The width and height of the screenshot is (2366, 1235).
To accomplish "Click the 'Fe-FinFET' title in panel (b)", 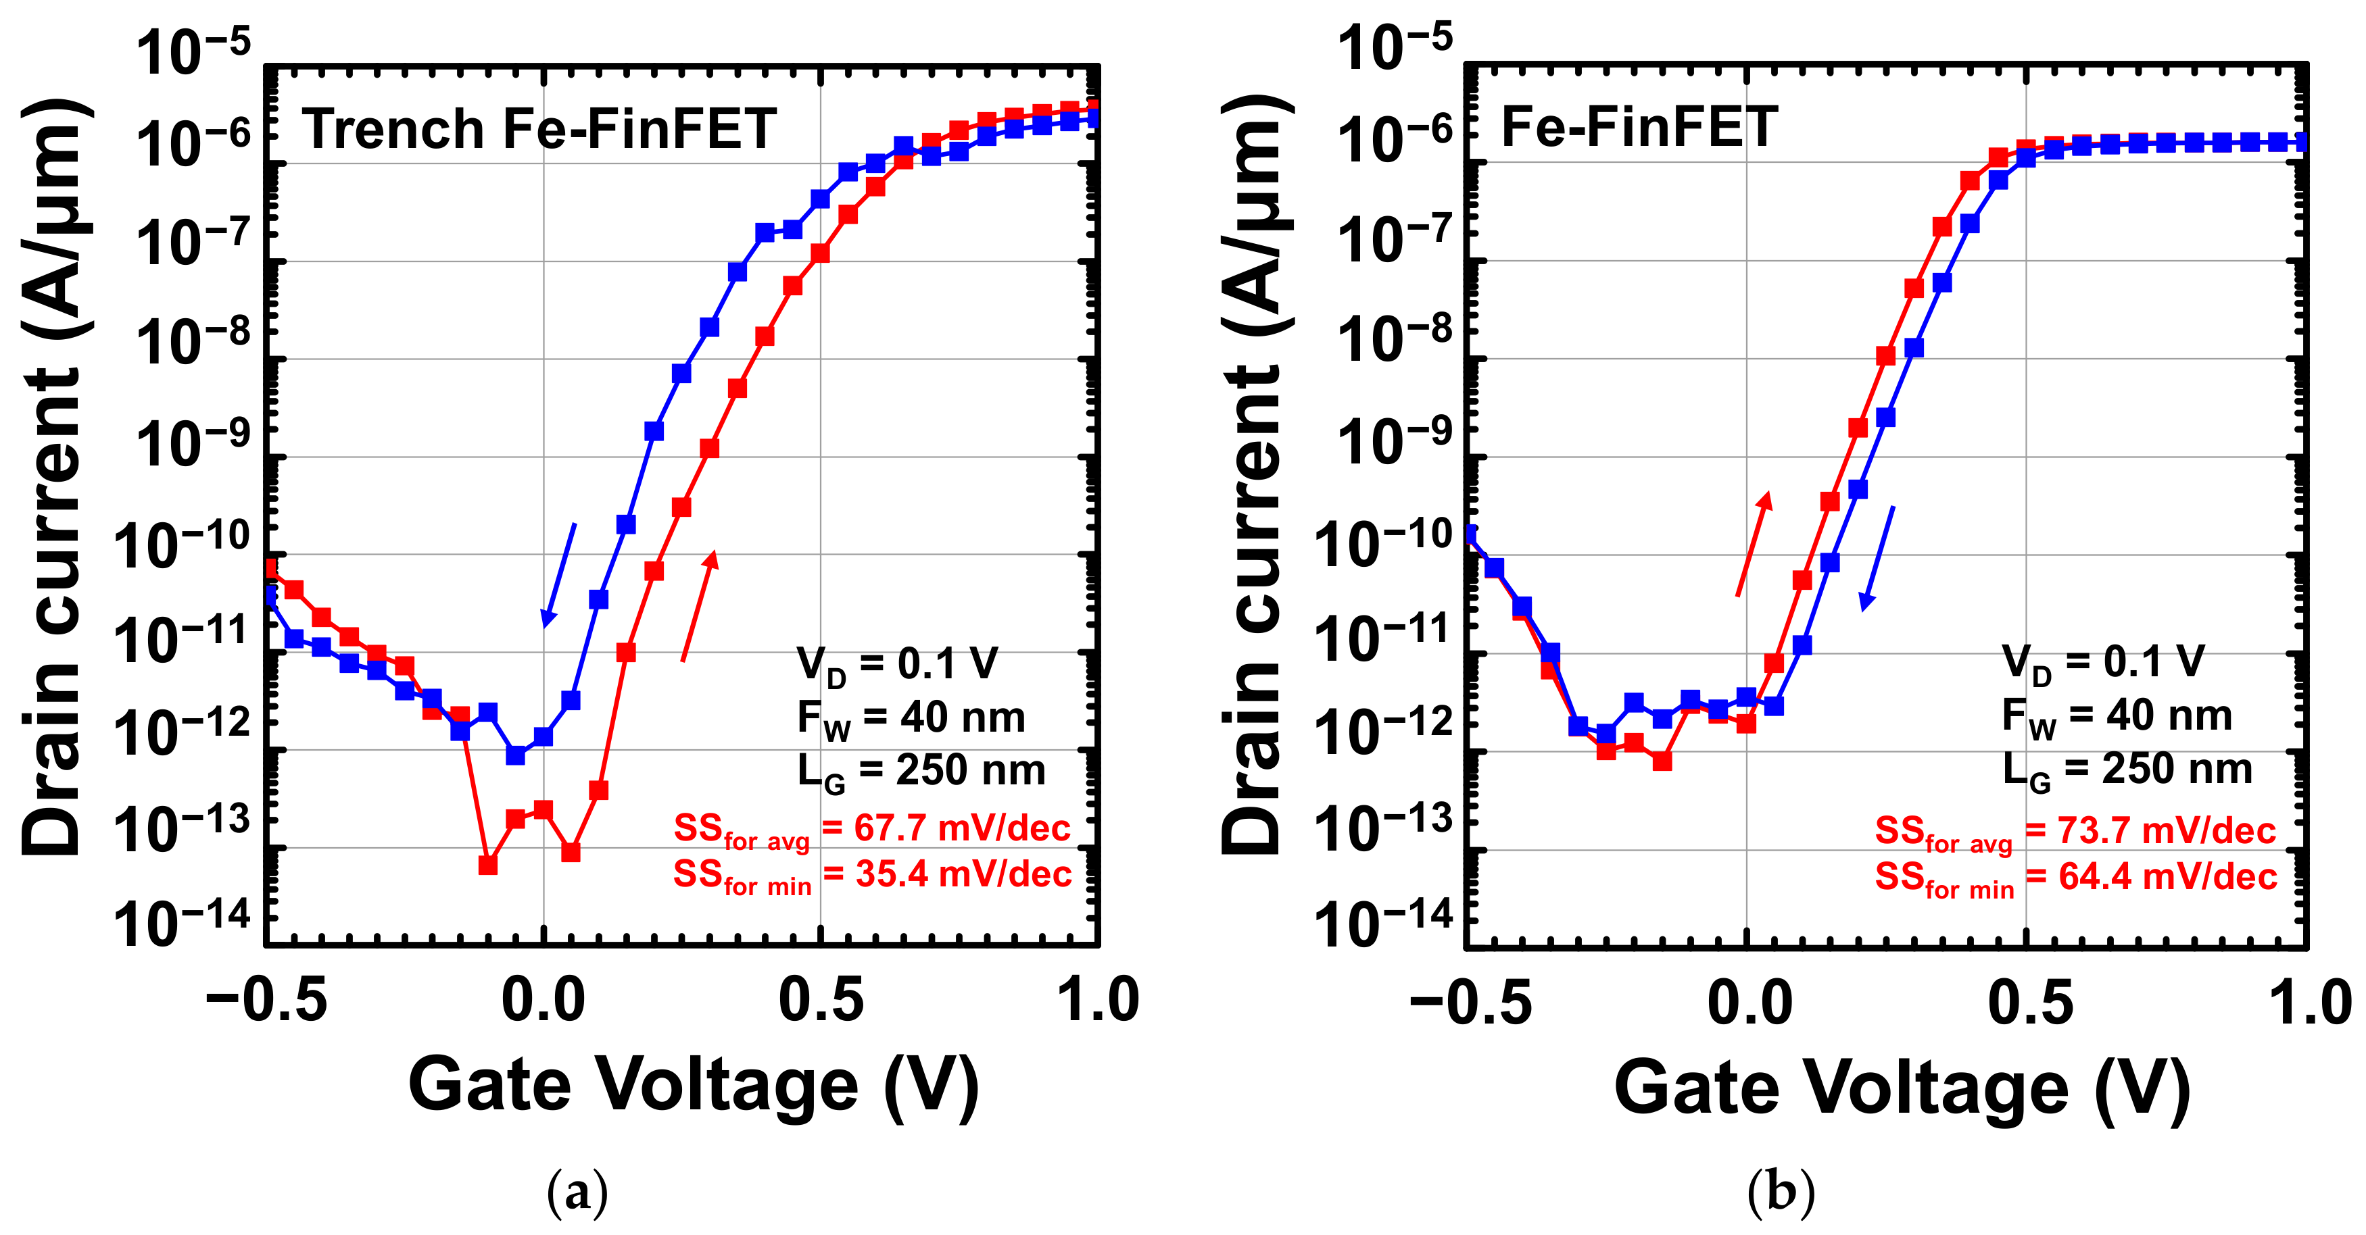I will (x=1639, y=127).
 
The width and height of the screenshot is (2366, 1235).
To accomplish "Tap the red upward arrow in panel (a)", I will (x=699, y=606).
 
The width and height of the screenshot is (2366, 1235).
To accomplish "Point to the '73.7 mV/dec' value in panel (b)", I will (x=2166, y=831).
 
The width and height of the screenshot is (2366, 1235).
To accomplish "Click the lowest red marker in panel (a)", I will (x=487, y=865).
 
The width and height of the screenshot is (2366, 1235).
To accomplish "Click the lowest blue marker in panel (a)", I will (x=516, y=755).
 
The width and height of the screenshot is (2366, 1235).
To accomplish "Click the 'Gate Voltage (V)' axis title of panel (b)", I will (x=1901, y=1089).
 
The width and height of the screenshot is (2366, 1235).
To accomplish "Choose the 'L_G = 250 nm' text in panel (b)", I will (x=2126, y=770).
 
